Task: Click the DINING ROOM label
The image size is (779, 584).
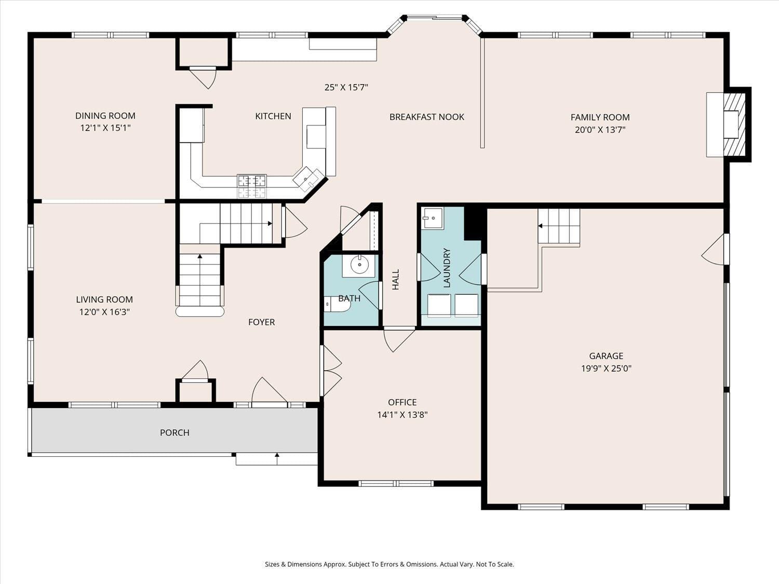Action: pos(105,116)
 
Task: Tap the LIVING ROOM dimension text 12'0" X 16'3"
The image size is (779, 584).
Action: pos(104,312)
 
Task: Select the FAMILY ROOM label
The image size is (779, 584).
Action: pos(600,117)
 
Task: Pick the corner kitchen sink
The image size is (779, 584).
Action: pos(308,178)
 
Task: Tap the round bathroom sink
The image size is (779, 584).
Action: pos(359,265)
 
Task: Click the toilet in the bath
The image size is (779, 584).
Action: pos(337,304)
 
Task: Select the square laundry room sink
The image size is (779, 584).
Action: pos(432,218)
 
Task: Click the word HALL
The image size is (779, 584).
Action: pos(396,279)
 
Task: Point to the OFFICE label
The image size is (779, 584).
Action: pos(402,402)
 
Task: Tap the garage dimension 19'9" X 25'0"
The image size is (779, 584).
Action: pos(606,369)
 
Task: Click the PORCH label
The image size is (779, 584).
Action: pos(174,432)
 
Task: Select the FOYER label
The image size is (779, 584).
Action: pos(261,322)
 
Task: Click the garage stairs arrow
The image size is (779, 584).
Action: pos(541,226)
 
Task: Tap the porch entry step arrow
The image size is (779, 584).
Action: pos(277,458)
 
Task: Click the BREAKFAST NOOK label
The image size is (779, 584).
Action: pos(426,117)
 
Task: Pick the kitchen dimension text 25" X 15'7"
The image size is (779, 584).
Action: pos(346,87)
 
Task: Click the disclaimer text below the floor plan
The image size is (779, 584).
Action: pos(389,564)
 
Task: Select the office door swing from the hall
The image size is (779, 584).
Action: pos(397,340)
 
